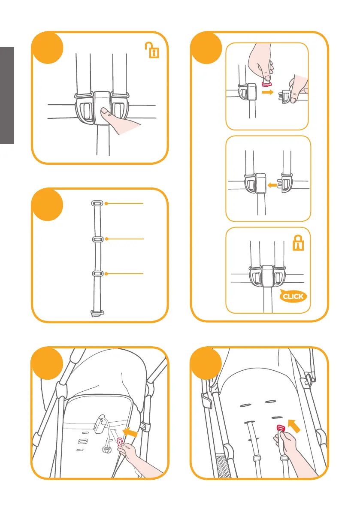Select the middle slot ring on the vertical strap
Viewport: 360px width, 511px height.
pyautogui.click(x=97, y=239)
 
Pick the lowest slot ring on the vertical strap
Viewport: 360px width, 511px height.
pyautogui.click(x=97, y=273)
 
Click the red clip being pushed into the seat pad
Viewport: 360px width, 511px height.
pyautogui.click(x=281, y=428)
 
